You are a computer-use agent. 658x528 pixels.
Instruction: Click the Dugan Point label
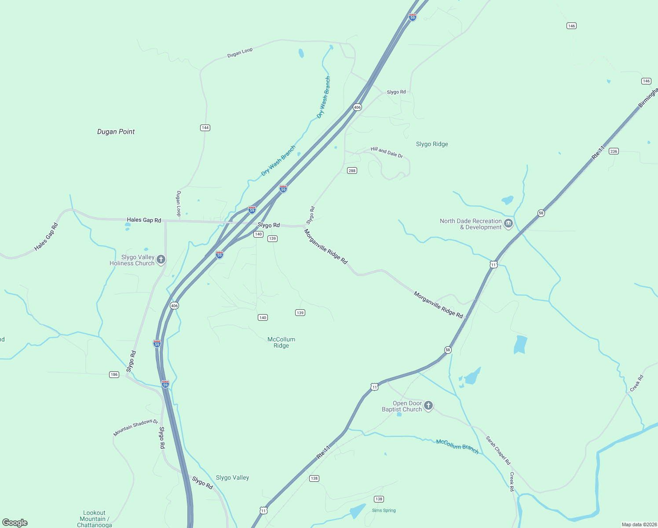coord(116,132)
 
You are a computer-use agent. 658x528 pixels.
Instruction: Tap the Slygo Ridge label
coord(432,144)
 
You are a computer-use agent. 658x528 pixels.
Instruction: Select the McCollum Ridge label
coord(281,342)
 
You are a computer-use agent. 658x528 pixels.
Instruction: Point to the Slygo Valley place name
coord(232,477)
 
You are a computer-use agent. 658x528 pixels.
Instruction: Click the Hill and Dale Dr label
coord(387,152)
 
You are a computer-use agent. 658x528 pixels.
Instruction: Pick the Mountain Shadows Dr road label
coord(135,427)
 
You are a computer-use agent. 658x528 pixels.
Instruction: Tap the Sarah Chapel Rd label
coord(498,451)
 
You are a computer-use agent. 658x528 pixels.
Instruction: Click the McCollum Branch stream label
coord(457,446)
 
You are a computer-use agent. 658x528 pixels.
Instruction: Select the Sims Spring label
coord(384,510)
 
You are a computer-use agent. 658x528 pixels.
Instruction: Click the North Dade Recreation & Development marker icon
coord(508,223)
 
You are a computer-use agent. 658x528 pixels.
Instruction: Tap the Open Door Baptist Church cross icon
coord(428,406)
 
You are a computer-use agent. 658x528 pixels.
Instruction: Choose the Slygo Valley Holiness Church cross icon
coord(161,259)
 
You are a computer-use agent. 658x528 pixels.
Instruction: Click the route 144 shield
coord(205,128)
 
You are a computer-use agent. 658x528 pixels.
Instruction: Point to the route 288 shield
coord(351,171)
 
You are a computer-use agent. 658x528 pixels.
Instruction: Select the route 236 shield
coord(614,151)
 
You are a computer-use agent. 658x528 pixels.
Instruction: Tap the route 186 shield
coord(114,374)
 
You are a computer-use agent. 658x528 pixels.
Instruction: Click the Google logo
coord(15,523)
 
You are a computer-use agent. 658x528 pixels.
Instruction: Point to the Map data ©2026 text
coord(639,524)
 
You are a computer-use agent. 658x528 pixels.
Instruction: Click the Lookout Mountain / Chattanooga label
coord(94,519)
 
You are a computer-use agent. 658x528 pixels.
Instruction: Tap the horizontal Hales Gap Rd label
coord(144,220)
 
